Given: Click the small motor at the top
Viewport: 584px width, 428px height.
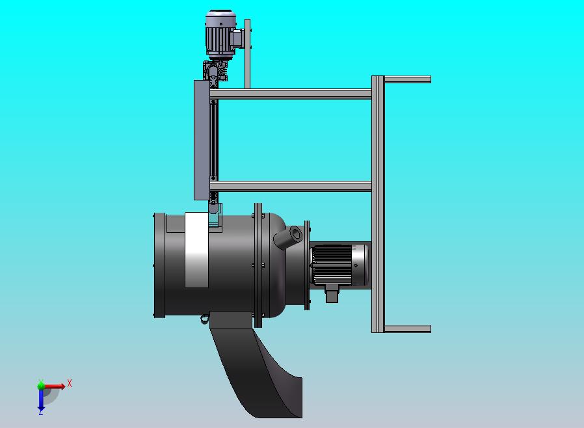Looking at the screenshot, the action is click(x=221, y=34).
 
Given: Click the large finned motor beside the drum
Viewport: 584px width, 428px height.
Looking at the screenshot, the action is click(x=339, y=265).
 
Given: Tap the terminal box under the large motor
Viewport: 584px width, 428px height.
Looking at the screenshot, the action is click(x=332, y=293).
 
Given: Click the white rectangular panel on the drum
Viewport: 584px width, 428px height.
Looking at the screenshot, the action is click(x=196, y=250).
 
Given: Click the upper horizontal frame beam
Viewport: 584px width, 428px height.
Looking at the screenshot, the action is click(x=291, y=94).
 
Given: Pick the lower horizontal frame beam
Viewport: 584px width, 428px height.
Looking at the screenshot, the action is click(x=291, y=186).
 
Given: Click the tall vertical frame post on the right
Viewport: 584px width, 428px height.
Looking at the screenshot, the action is click(x=378, y=204).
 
